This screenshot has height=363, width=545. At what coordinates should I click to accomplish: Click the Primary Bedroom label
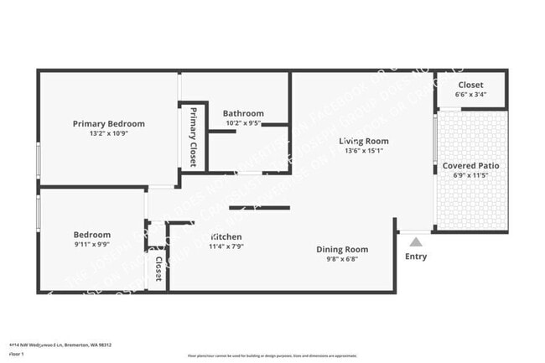[108, 123]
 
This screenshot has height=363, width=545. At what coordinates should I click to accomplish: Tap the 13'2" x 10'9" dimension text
[108, 133]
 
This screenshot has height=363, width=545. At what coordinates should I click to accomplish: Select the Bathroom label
[243, 113]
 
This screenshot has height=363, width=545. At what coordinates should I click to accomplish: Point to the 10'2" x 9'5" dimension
[243, 123]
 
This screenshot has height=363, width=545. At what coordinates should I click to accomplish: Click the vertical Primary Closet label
[193, 137]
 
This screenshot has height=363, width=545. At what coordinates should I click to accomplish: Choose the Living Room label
[363, 141]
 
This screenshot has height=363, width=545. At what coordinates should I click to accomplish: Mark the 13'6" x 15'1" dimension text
[363, 151]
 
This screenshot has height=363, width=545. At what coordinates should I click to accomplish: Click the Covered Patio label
[470, 166]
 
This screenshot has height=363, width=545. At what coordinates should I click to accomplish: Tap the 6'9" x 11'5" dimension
[470, 176]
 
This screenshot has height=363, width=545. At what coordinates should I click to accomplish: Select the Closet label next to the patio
[470, 86]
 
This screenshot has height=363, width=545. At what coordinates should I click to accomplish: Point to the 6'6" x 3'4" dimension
[470, 96]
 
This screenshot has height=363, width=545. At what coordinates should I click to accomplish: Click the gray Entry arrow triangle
[414, 241]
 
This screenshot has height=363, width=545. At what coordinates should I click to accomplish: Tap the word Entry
[415, 257]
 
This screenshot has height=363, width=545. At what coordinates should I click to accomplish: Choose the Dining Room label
[342, 249]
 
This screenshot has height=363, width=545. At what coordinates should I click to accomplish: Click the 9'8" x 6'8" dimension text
[342, 259]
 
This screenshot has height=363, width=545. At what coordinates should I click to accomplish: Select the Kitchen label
[226, 236]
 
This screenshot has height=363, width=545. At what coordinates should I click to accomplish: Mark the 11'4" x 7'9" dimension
[226, 246]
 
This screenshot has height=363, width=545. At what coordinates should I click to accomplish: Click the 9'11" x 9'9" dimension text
[91, 245]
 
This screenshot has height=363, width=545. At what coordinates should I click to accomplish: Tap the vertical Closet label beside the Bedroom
[158, 268]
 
